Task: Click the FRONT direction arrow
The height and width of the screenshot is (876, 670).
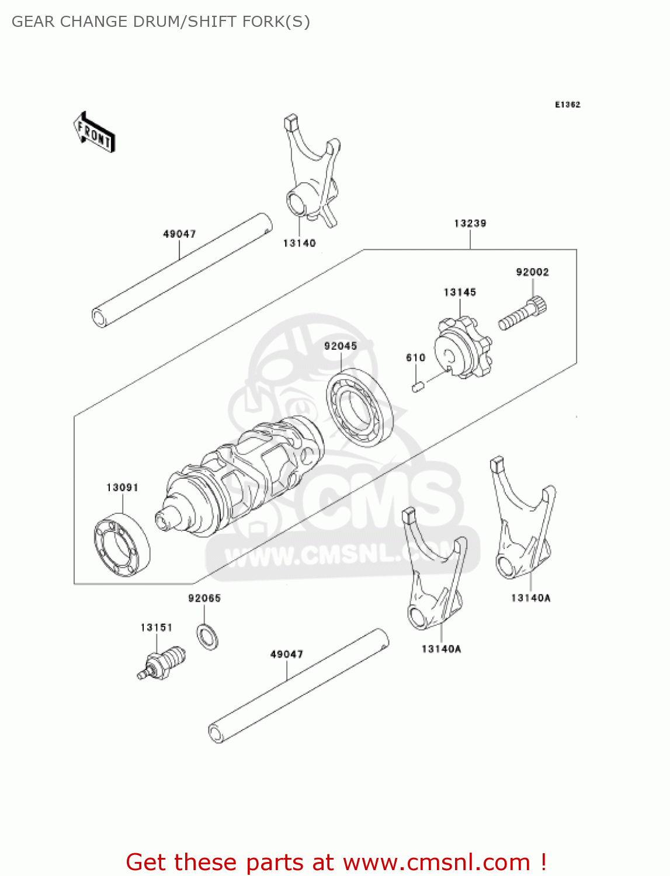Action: point(94,133)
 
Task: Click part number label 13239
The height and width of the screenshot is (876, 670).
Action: point(470,223)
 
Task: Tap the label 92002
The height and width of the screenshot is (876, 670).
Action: point(532,272)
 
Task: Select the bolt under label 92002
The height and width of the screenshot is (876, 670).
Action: point(522,315)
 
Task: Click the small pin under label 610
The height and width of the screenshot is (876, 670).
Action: point(418,387)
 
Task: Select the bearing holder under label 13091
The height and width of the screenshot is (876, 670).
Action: point(122,544)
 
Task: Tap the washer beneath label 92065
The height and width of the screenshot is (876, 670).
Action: point(207,636)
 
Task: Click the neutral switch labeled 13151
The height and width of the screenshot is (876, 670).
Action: point(162,664)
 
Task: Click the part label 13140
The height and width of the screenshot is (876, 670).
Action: point(299,244)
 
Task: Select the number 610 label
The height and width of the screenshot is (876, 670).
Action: point(415,358)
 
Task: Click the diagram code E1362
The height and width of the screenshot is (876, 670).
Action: point(567,105)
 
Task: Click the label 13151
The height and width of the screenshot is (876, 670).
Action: point(156,628)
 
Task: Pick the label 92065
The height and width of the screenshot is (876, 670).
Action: point(204,599)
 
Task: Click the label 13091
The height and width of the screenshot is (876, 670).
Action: point(122,488)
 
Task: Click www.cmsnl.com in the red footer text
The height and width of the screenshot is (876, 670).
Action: point(436,863)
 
